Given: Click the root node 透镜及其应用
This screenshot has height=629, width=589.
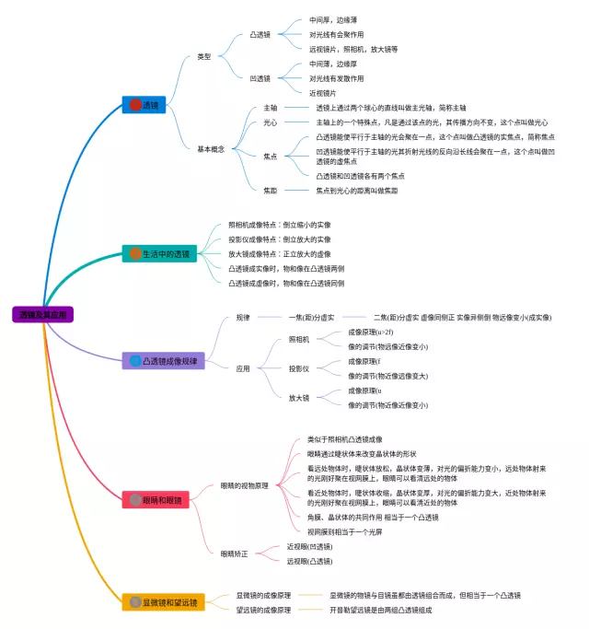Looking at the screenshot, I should point(43,314).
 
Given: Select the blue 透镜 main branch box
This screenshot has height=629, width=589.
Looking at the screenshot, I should point(144,105).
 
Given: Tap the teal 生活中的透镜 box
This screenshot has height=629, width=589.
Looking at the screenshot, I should point(159,253).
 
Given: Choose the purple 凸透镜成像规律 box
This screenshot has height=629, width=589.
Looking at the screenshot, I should point(162,361).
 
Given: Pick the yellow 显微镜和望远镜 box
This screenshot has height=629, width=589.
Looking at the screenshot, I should point(164,602).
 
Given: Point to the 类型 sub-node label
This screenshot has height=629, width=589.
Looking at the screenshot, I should point(203,56).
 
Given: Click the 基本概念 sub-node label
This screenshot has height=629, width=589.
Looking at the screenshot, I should point(210,148).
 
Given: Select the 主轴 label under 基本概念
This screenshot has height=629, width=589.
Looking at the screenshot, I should point(270,108).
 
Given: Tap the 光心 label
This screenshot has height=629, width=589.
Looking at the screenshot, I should point(270,122).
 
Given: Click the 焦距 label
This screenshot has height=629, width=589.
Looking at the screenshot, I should point(270,191).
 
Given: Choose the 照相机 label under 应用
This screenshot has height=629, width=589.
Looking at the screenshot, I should point(299,339).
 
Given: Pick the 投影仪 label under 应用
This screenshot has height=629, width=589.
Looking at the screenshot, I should point(299,368).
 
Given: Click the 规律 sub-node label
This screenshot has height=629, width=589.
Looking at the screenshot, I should point(243,318).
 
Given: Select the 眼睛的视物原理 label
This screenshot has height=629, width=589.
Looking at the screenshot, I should point(245,485).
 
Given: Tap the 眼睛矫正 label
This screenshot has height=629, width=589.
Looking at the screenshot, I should point(235,553).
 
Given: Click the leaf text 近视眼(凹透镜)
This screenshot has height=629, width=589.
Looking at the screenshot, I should point(309,547).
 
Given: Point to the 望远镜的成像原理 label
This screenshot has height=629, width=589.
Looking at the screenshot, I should point(263,610).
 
